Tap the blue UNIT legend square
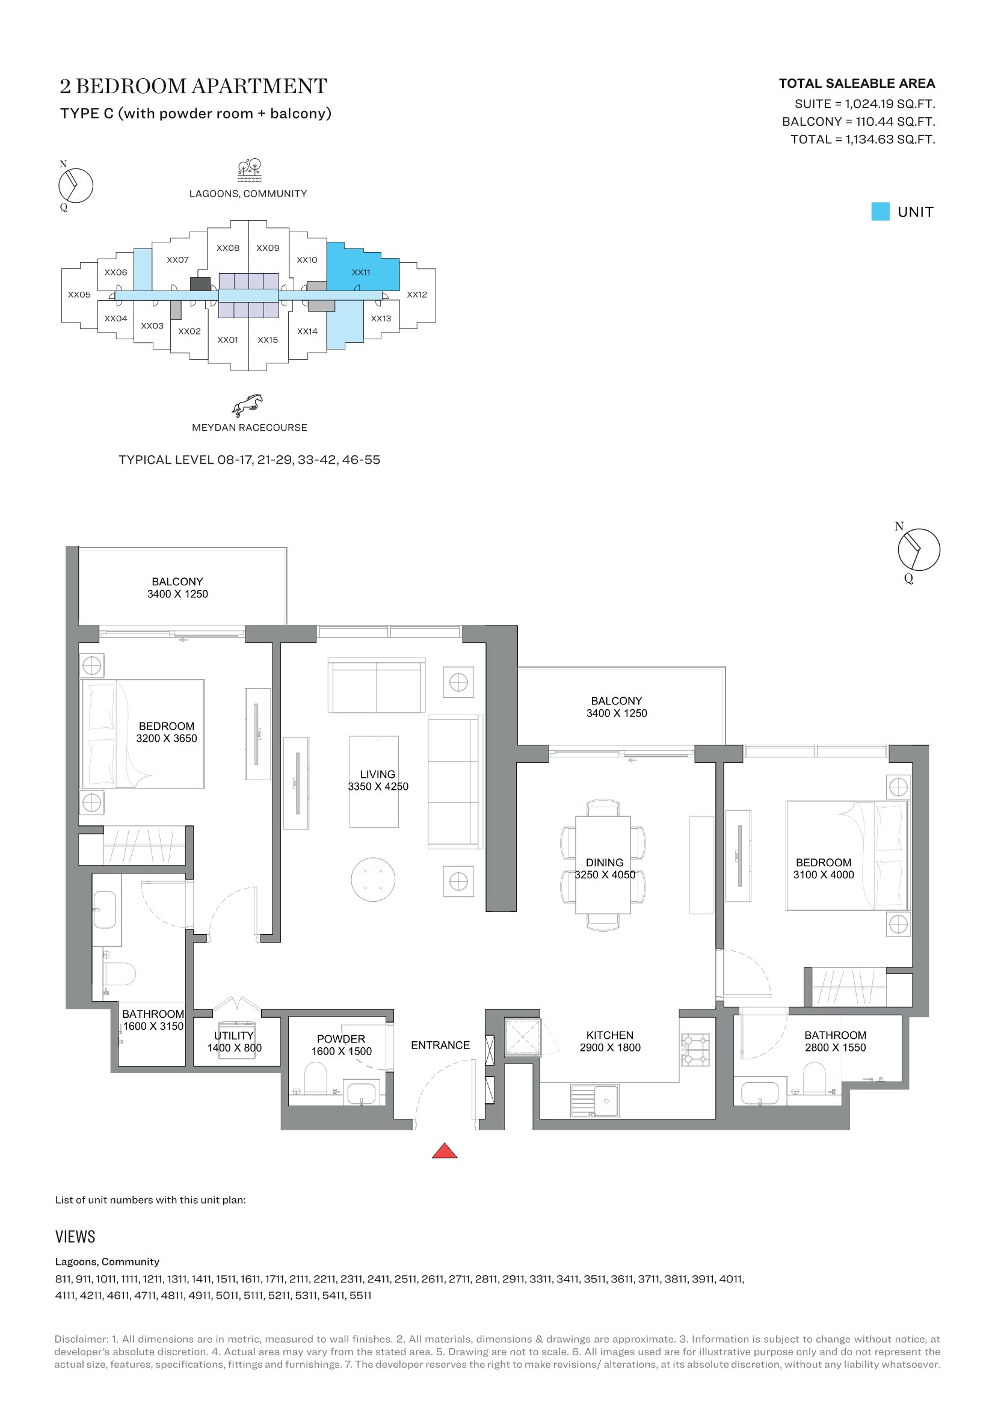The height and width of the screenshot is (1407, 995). coord(880,211)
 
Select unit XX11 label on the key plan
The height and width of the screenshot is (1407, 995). coord(361,272)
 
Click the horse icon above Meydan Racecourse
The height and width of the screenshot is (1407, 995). coord(247,405)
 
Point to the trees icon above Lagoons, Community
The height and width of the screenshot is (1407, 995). coord(250,171)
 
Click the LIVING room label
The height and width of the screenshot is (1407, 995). coord(377,774)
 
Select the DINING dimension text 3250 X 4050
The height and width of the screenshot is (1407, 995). coord(605,875)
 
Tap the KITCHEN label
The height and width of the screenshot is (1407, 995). coord(609,1035)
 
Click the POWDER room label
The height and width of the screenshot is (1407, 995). coord(340,1039)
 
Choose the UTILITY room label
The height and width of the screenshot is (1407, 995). coord(233,1035)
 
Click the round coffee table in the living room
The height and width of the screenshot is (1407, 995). coord(372,879)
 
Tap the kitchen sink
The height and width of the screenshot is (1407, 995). coord(594,1101)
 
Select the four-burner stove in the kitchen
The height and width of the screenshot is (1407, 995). coord(695,1050)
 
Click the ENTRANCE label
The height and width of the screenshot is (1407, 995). coord(440,1045)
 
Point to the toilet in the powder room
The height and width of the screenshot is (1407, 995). coord(316,1078)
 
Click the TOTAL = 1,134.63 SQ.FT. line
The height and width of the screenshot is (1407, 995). coord(863,139)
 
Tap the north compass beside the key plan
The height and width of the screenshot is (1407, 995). coord(75,185)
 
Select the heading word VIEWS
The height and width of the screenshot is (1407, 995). coord(75,1237)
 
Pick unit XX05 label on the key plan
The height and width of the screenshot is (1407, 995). coord(79,295)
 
